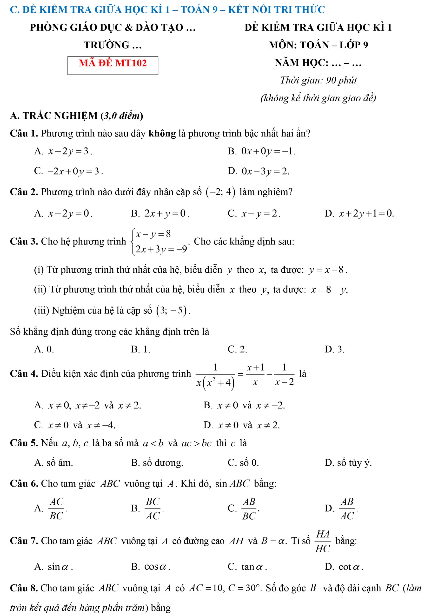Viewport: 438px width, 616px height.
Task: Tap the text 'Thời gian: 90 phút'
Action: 318,80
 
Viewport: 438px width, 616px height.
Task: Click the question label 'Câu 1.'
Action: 24,133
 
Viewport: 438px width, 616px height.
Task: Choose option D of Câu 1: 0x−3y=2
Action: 265,171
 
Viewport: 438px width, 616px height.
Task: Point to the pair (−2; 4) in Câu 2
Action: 220,192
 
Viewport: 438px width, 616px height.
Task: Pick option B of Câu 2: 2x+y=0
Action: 166,214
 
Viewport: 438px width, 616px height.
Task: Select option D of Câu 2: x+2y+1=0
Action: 366,214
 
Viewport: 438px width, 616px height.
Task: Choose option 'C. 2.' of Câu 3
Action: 237,349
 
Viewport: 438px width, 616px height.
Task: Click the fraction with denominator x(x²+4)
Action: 215,375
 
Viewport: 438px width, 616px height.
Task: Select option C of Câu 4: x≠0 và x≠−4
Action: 81,425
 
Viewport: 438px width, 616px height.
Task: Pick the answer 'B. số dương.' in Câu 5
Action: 157,463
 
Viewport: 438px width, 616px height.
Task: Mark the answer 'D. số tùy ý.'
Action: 348,463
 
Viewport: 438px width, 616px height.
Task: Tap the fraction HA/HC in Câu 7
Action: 323,541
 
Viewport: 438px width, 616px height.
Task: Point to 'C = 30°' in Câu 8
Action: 244,588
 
